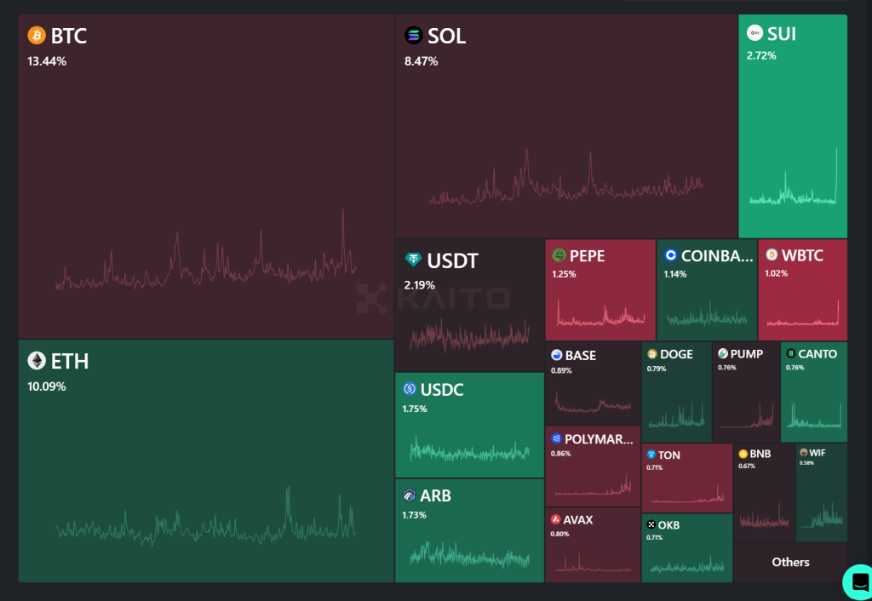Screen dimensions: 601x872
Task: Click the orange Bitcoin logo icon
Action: click(x=37, y=36)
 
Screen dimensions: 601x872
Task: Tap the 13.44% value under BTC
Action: click(x=47, y=61)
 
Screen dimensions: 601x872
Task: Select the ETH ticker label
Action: click(x=70, y=361)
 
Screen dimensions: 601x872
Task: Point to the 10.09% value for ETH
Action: click(x=47, y=386)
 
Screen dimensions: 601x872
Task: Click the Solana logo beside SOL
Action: click(x=414, y=36)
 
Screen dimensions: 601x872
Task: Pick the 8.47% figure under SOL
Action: click(x=421, y=61)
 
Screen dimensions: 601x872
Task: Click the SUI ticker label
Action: click(x=782, y=33)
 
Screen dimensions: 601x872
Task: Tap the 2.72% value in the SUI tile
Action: click(x=761, y=55)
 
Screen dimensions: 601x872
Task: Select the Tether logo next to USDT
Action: click(x=414, y=260)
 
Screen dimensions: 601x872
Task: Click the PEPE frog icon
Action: click(x=559, y=255)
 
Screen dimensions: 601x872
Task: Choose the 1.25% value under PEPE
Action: click(x=564, y=274)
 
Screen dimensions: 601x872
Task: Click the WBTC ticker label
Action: click(x=802, y=255)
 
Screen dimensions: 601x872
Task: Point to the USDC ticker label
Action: click(x=442, y=390)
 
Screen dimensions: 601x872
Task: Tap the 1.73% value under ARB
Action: click(x=414, y=515)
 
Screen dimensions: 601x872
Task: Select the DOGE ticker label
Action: click(x=676, y=354)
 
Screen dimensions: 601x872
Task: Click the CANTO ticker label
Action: click(x=817, y=354)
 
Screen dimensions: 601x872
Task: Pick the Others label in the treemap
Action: click(x=790, y=562)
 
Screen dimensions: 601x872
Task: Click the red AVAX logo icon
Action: click(x=555, y=519)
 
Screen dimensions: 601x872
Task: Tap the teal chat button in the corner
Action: click(x=857, y=581)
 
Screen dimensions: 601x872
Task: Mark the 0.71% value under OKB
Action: click(x=654, y=538)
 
